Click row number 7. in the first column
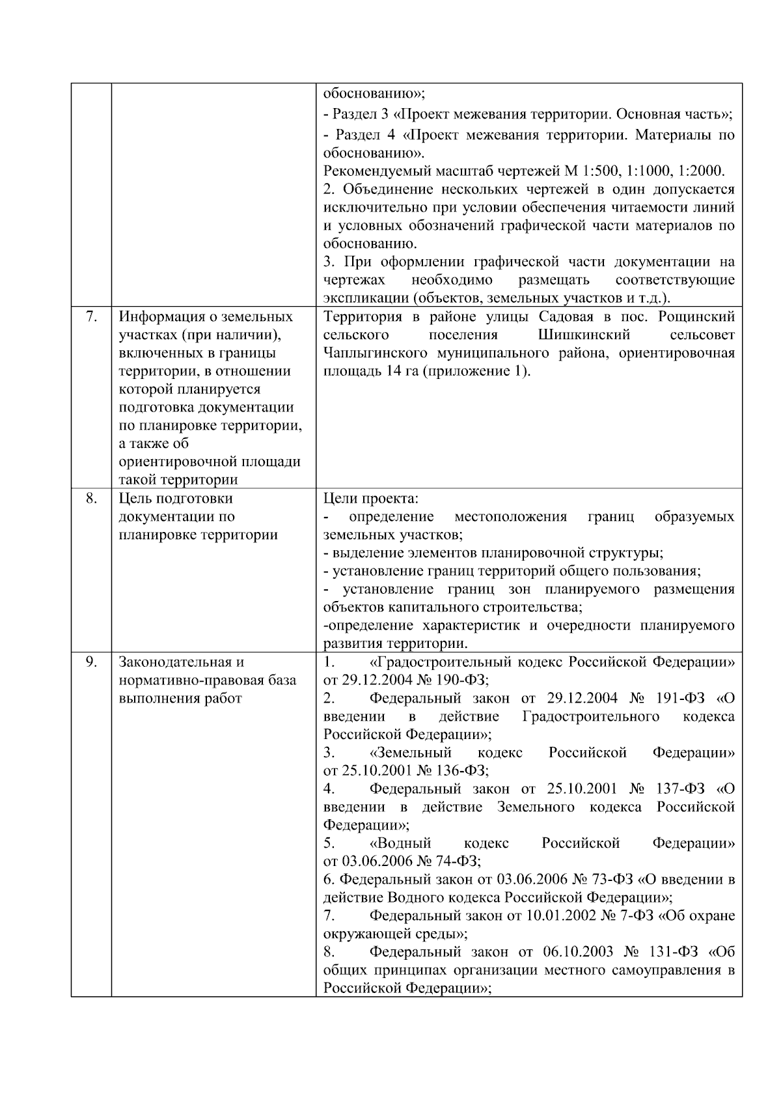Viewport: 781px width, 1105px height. pos(91,317)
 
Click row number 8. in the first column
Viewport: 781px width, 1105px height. pos(91,499)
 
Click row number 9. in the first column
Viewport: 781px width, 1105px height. pos(91,662)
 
